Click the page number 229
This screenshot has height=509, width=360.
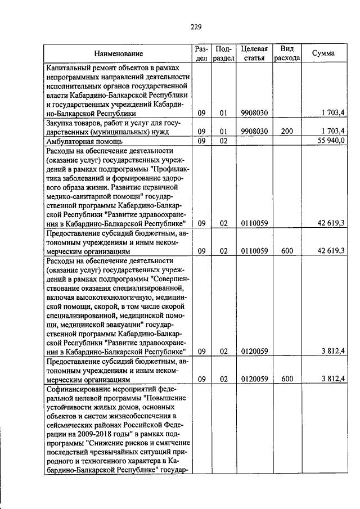click(196, 26)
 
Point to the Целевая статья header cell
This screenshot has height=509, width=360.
click(254, 53)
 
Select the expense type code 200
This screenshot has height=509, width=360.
click(287, 131)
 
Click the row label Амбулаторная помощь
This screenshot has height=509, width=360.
click(83, 141)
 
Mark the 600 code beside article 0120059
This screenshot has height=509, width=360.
click(287, 379)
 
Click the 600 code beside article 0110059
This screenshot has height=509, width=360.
click(287, 250)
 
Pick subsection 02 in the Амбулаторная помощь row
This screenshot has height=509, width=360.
click(223, 141)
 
